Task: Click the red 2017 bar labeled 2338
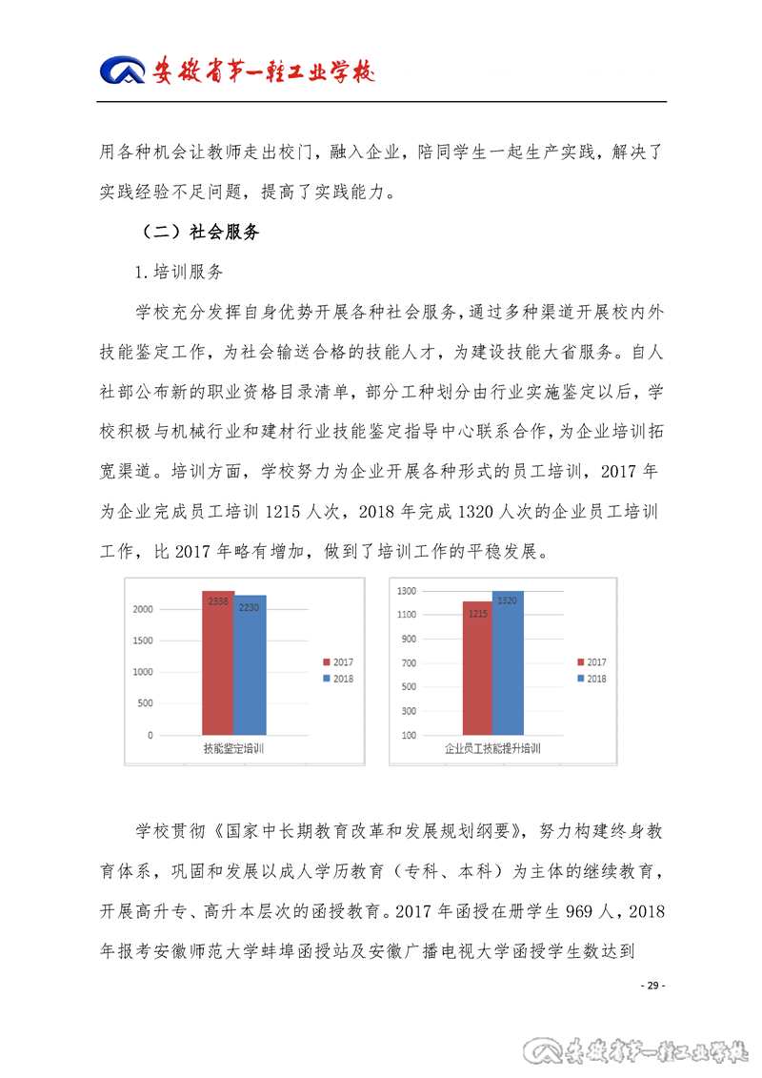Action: tap(217, 663)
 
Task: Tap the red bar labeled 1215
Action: tap(477, 668)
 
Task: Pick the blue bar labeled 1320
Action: tap(508, 663)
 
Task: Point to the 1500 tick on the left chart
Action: tap(143, 641)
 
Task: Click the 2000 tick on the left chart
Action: tap(143, 609)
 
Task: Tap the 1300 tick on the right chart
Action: tap(407, 591)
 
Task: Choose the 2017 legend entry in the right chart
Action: tap(592, 662)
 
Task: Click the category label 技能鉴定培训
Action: tap(233, 750)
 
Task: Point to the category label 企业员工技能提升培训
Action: tap(492, 750)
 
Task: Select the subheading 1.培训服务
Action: tap(180, 272)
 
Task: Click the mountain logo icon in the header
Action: tap(124, 71)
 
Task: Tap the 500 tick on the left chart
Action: tap(145, 703)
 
